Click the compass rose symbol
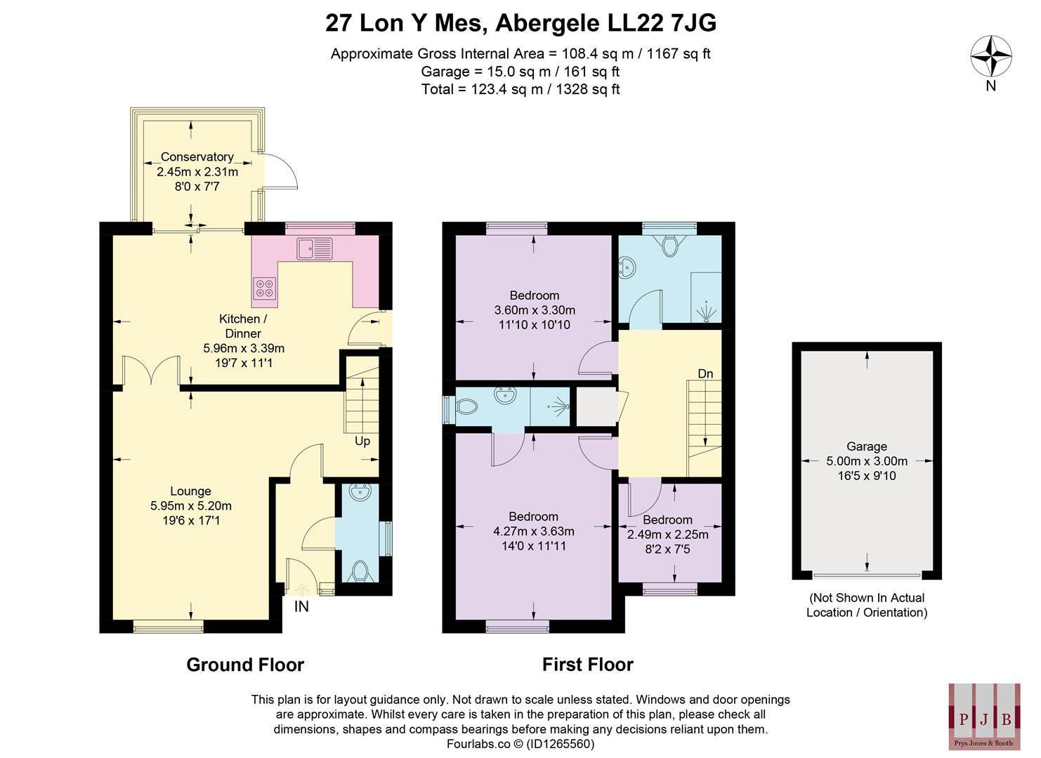click(x=990, y=56)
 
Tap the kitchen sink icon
click(x=315, y=248)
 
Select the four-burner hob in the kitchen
click(x=265, y=287)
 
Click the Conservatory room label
click(x=197, y=157)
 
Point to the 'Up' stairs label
click(x=362, y=441)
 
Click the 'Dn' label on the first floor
click(x=705, y=373)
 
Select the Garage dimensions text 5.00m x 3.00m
click(x=867, y=461)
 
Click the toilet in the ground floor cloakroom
click(x=361, y=570)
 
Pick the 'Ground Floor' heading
click(x=245, y=665)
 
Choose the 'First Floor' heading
click(x=587, y=665)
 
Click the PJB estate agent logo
click(x=985, y=716)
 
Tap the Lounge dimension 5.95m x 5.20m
click(x=190, y=505)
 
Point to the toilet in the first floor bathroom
click(x=669, y=245)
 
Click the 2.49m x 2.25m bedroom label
click(x=667, y=534)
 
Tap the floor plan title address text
click(x=520, y=23)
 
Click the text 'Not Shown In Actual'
click(x=867, y=598)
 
